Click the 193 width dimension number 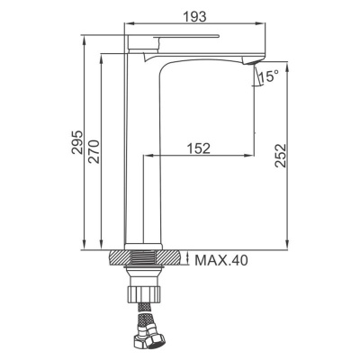pos(195,16)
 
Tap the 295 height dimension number pos(77,142)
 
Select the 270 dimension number pos(94,151)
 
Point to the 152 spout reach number pos(199,148)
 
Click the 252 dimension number pos(281,156)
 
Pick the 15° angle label pos(269,76)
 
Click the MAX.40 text pos(221,260)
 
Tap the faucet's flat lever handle pos(186,37)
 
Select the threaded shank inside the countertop pos(143,257)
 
